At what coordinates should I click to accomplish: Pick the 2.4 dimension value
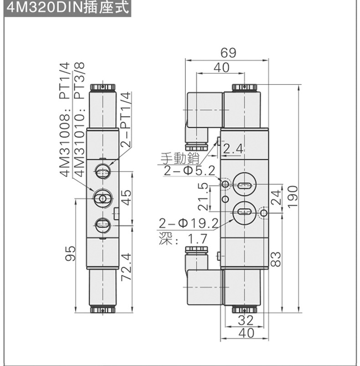[x=233, y=149]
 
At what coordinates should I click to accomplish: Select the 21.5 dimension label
[x=204, y=196]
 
